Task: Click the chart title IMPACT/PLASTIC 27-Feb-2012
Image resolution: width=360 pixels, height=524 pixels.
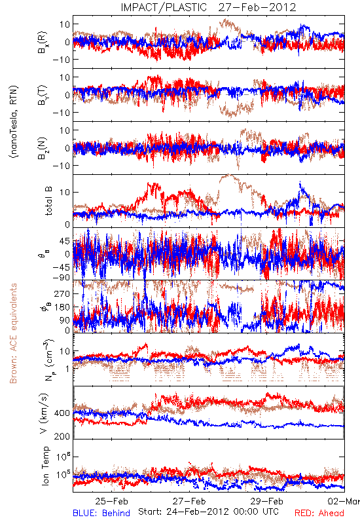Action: point(208,7)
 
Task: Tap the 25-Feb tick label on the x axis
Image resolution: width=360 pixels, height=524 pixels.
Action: point(111,501)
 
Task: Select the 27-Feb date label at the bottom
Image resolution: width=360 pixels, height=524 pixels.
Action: point(189,501)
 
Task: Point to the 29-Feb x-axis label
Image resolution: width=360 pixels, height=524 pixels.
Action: point(267,501)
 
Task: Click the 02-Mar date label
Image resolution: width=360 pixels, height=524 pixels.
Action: point(344,501)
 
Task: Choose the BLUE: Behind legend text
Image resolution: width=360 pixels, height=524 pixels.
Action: point(101,513)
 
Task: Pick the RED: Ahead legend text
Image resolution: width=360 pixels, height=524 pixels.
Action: point(319,513)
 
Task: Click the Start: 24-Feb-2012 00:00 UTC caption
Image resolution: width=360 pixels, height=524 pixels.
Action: point(208,512)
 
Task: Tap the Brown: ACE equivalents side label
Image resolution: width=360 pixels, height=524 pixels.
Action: point(13,333)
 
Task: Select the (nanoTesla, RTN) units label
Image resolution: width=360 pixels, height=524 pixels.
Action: point(14,121)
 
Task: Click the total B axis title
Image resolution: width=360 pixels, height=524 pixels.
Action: point(48,201)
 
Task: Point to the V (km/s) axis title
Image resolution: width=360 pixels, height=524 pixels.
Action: point(44,413)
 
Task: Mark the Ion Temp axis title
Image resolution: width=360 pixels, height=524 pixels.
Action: point(45,466)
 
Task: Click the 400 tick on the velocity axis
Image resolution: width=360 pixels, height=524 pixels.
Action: point(62,413)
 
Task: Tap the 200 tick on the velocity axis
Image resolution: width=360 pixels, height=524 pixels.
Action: point(62,436)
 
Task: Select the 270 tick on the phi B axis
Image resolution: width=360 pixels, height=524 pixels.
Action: point(62,293)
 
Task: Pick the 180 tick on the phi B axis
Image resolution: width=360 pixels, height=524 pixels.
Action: point(62,307)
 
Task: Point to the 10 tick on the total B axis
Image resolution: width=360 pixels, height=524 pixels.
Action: point(65,192)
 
